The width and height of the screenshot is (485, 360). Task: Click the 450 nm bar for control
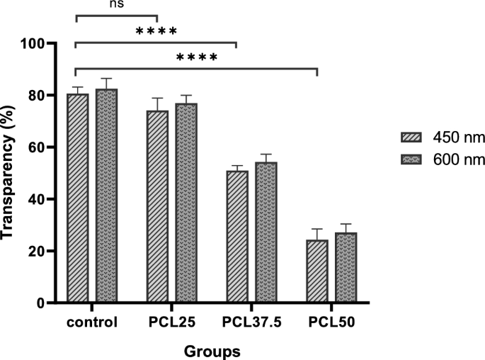coord(77,198)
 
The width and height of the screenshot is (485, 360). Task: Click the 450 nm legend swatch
coord(411,137)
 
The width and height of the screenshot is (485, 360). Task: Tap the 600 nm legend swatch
coord(411,161)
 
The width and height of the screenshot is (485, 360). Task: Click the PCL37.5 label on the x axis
coord(251,322)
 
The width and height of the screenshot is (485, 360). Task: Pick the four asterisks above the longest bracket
coord(196,57)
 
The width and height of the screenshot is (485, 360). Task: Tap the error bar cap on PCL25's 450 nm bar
coord(157,99)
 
